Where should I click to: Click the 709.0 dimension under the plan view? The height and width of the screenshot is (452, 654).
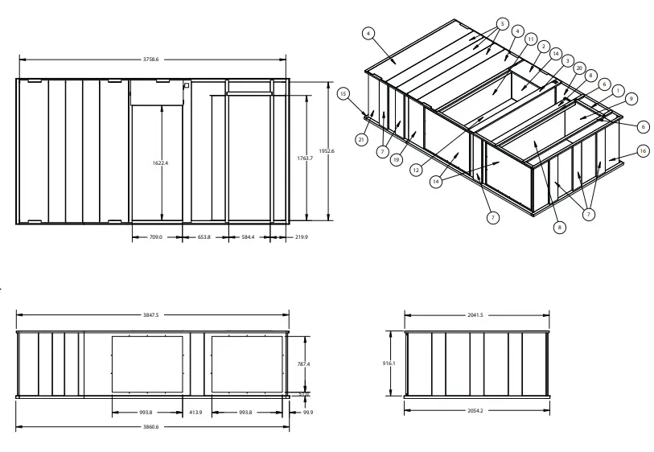[x=156, y=237]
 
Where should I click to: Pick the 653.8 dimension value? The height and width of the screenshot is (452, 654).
[x=204, y=237]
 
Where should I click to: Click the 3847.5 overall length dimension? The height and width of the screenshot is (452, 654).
[x=151, y=315]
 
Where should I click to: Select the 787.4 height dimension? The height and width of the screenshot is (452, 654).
[x=303, y=364]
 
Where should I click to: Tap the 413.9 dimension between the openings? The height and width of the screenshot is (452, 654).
[x=195, y=412]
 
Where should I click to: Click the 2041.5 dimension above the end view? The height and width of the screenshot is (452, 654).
[x=475, y=315]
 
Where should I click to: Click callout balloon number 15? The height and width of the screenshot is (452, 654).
[x=343, y=94]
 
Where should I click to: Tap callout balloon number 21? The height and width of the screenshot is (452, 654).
[x=361, y=140]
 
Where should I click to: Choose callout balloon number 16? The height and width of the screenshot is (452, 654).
[x=642, y=150]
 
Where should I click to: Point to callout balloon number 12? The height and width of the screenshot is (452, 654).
[x=417, y=170]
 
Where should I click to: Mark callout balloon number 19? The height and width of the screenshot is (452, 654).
[x=396, y=160]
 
